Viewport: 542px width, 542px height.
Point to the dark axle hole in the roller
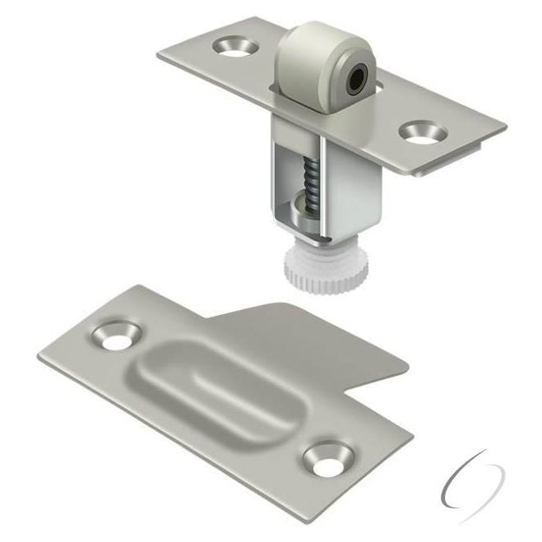(356, 80)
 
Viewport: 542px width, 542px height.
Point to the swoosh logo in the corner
(471, 479)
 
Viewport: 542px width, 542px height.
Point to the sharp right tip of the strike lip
(409, 364)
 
